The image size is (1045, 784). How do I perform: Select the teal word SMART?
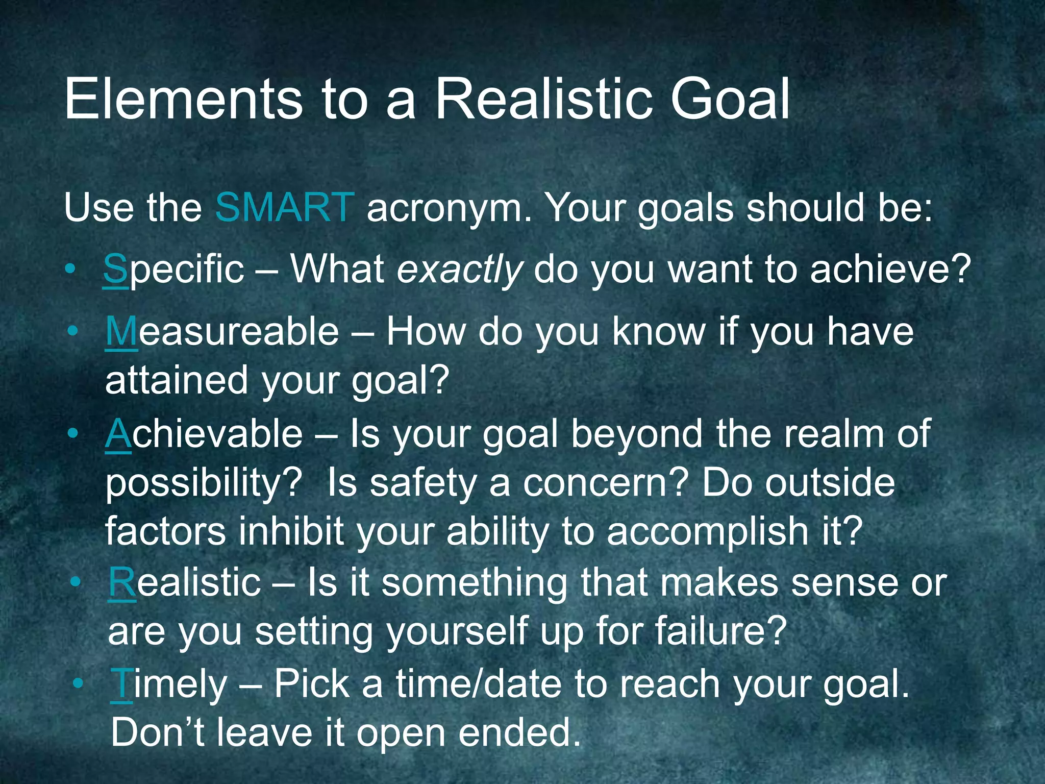[x=284, y=208]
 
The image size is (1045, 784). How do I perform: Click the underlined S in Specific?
[x=115, y=269]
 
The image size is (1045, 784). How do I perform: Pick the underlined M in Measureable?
[x=121, y=332]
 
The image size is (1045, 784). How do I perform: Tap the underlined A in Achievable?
[x=118, y=434]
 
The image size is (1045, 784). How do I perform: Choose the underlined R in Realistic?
[x=122, y=583]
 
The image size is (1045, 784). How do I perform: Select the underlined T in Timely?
[x=121, y=684]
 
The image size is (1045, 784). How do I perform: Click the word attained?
[x=176, y=380]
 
